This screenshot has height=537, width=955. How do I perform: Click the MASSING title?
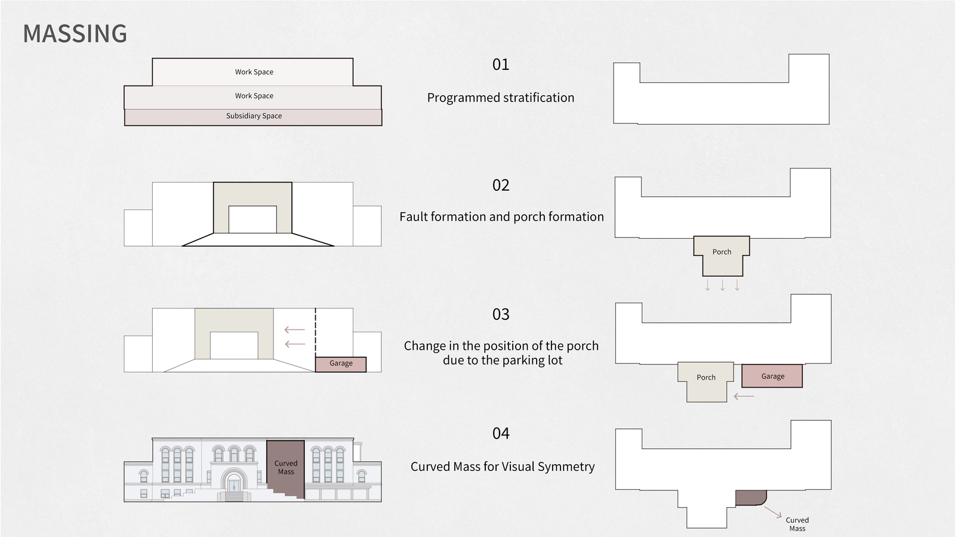click(x=75, y=33)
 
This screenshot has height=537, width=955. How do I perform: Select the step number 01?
click(x=501, y=64)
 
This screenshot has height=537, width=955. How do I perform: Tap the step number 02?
click(x=501, y=185)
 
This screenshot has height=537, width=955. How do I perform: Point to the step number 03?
click(x=501, y=314)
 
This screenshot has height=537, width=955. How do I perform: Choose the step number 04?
click(x=501, y=433)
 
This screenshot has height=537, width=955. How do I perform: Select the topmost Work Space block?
click(x=253, y=72)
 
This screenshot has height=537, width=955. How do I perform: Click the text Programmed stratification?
click(x=501, y=98)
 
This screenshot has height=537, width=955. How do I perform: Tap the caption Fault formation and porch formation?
click(x=501, y=217)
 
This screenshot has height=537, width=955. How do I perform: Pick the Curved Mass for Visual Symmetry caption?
click(x=502, y=466)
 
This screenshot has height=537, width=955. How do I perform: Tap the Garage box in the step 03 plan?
click(x=772, y=376)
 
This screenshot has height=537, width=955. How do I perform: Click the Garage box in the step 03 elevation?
click(x=341, y=365)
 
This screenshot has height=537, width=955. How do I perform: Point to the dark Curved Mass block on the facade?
click(x=286, y=468)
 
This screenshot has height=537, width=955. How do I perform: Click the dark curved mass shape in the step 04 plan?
click(x=750, y=498)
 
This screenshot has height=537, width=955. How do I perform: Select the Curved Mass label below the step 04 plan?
click(x=797, y=524)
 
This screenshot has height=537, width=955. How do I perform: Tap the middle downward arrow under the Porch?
click(x=723, y=285)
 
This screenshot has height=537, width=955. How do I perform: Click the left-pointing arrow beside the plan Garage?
click(x=744, y=396)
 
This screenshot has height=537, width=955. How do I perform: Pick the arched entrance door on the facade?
click(x=233, y=485)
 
